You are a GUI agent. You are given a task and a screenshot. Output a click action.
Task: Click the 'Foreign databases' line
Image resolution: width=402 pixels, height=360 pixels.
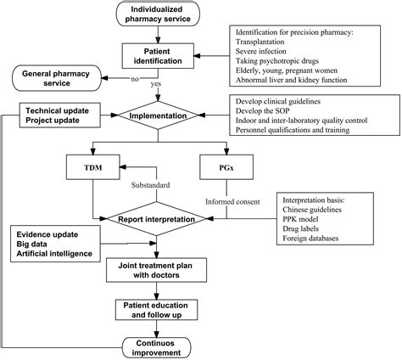pyautogui.click(x=314, y=238)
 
